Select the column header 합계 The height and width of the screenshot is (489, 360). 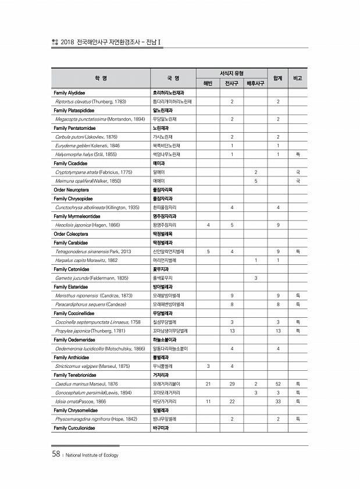point(277,78)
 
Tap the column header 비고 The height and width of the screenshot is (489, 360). point(298,78)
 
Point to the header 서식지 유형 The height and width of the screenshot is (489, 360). point(231,73)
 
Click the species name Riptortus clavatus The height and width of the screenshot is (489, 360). point(74,101)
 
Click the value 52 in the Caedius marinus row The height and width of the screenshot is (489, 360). point(278,384)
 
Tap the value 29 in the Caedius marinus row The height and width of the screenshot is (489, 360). point(232,384)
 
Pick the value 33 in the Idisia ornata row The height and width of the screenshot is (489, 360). point(278,402)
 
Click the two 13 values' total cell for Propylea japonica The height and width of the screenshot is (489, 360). point(278,330)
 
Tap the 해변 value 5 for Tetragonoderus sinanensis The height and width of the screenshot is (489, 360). point(208,251)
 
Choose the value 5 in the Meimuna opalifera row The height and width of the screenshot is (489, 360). point(256,181)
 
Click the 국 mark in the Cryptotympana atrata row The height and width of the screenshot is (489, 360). point(298,172)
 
